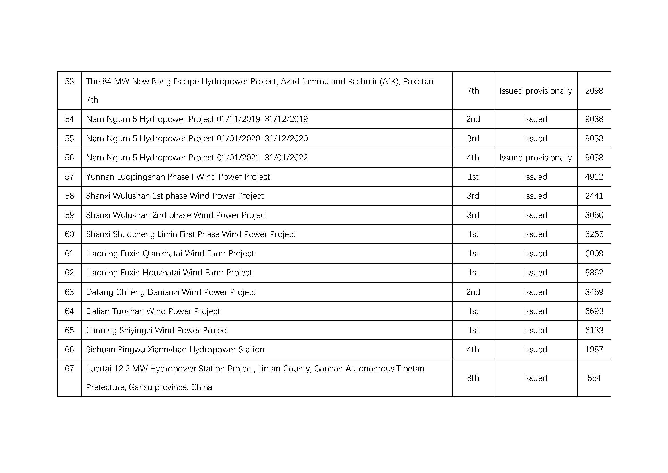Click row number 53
[x=69, y=81]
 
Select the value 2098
[x=594, y=91]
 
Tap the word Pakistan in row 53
[x=418, y=81]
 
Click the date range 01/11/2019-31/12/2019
[x=262, y=119]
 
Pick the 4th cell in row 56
[x=473, y=158]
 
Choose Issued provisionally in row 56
[x=535, y=158]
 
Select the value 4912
[x=594, y=177]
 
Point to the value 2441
[x=594, y=196]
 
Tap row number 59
[x=69, y=215]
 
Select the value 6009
[x=594, y=254]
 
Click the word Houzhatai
[x=161, y=273]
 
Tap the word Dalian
[x=98, y=311]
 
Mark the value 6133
[x=594, y=331]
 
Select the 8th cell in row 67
[x=473, y=378]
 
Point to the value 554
[x=594, y=378]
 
